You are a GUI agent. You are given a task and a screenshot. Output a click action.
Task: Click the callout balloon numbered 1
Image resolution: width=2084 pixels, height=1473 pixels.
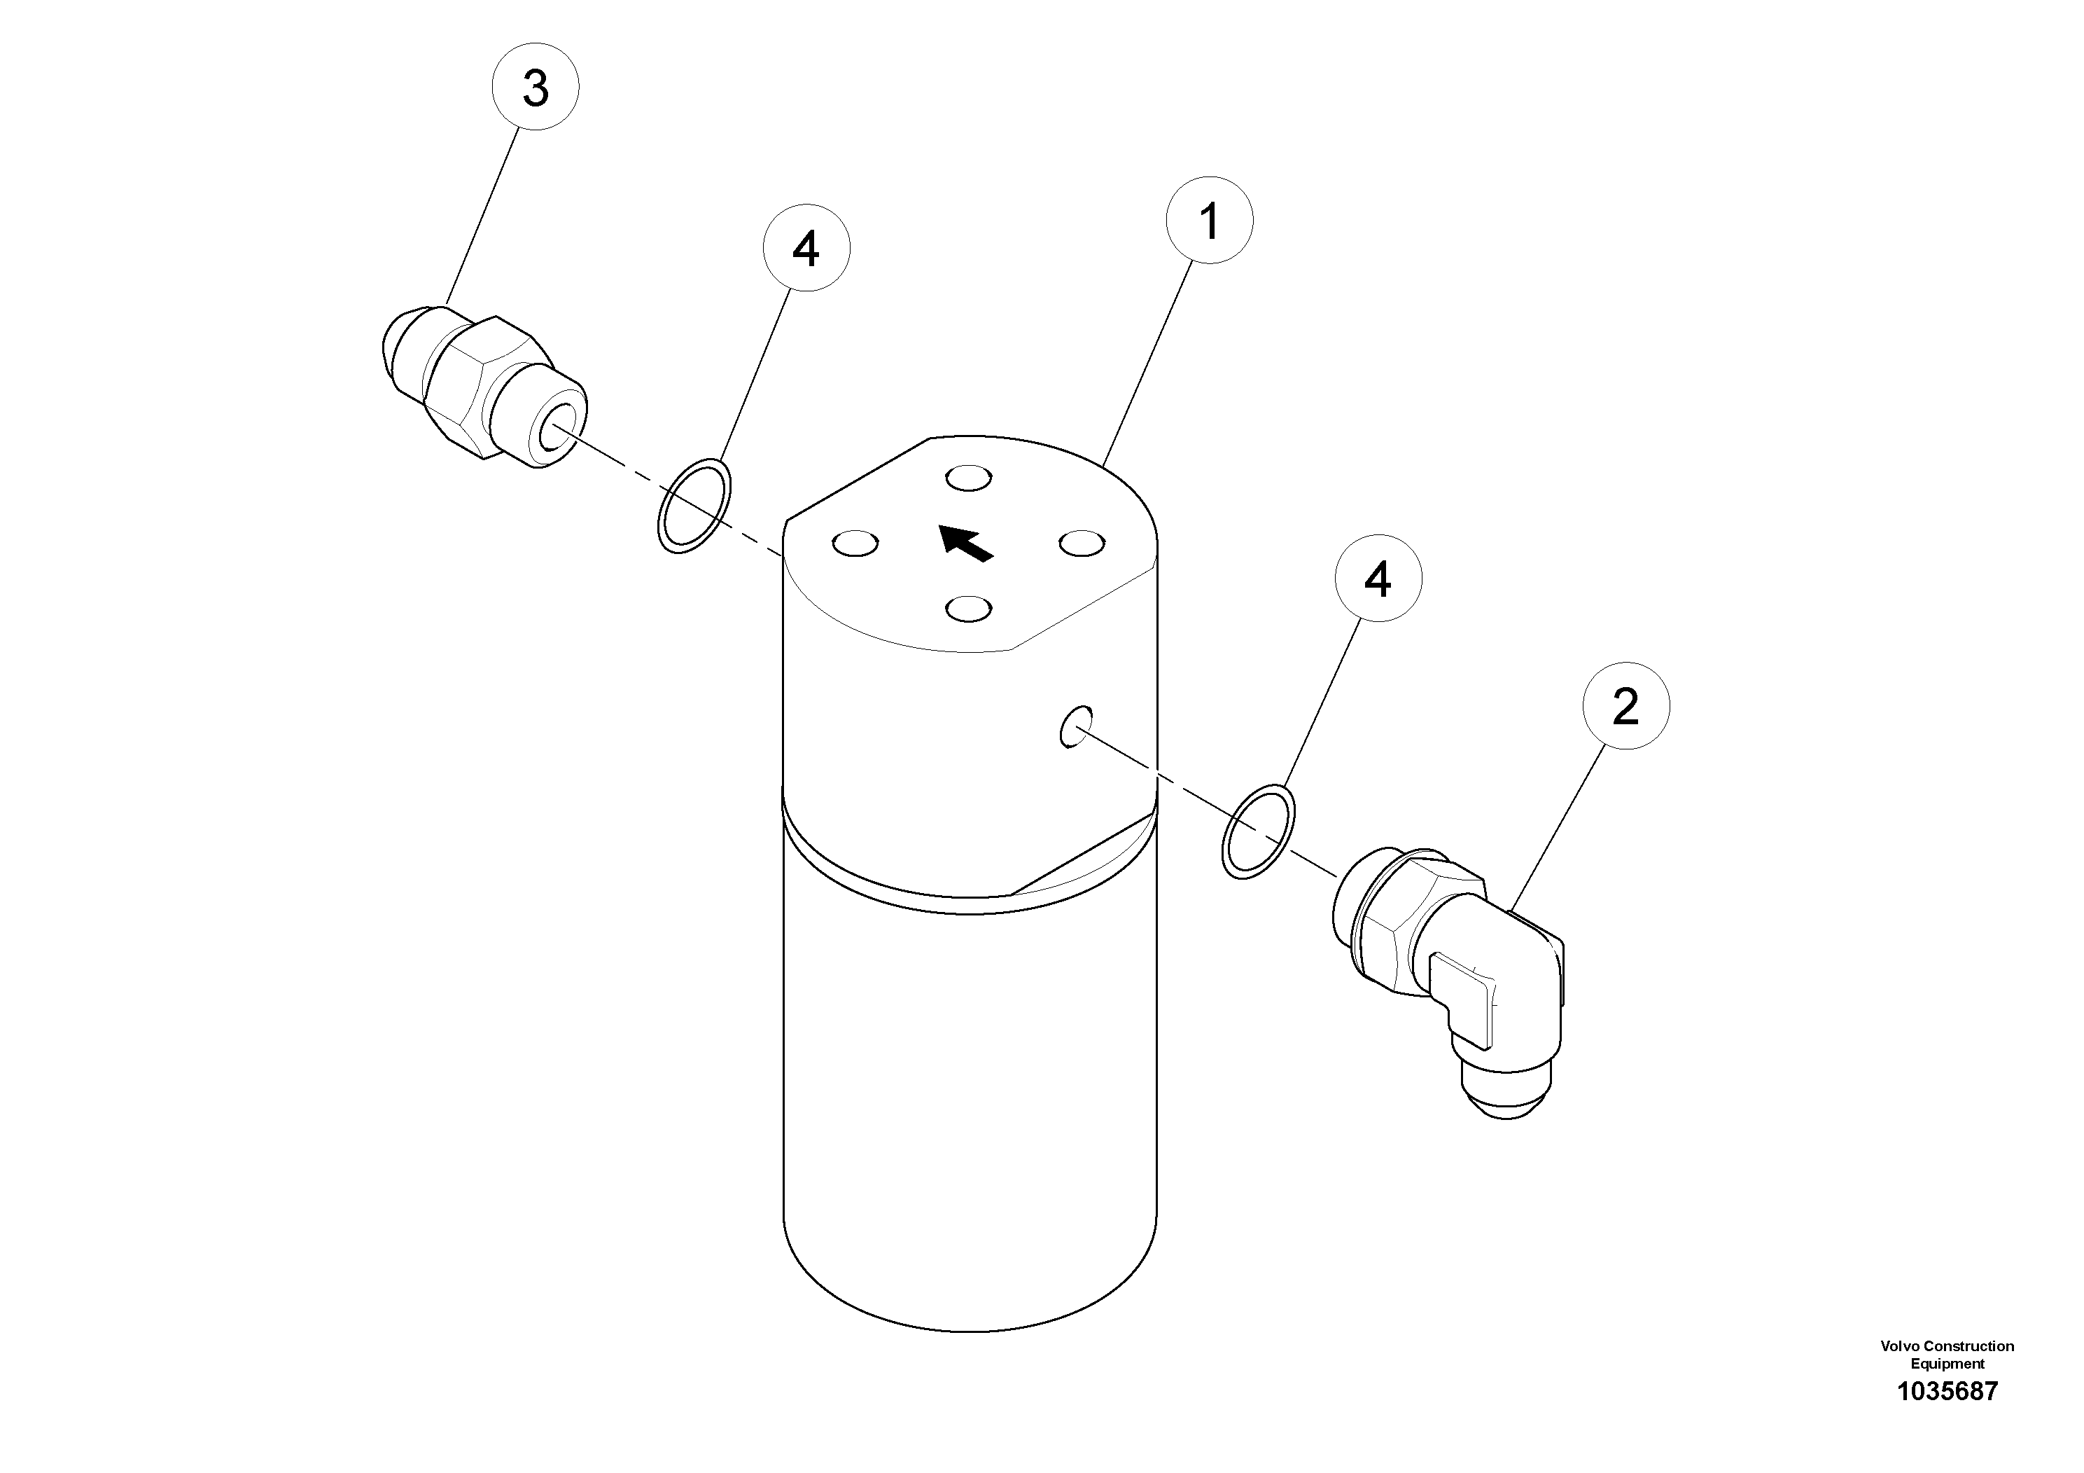1209,221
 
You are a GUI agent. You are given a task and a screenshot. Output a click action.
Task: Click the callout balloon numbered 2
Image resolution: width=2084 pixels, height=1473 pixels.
1625,705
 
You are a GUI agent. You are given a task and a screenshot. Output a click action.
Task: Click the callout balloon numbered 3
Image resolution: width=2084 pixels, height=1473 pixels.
536,87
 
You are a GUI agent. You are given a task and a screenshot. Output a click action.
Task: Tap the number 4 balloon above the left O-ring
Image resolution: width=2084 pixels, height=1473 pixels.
806,248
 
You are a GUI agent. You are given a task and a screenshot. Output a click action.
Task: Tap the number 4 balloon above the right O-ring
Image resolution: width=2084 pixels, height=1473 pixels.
1378,579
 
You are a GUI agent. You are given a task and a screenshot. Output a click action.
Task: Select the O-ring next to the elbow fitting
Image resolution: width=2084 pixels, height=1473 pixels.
1258,831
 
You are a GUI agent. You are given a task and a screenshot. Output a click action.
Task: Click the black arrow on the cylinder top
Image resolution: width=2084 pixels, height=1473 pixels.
965,542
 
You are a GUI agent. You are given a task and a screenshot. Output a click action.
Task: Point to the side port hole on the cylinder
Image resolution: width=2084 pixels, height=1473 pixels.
1075,726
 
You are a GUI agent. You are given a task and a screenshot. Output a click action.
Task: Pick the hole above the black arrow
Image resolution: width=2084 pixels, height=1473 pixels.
968,477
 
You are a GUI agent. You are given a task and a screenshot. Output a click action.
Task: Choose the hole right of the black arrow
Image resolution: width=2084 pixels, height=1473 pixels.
1082,543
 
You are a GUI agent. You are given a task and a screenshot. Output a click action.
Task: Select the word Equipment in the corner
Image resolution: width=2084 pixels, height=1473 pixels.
1947,1363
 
